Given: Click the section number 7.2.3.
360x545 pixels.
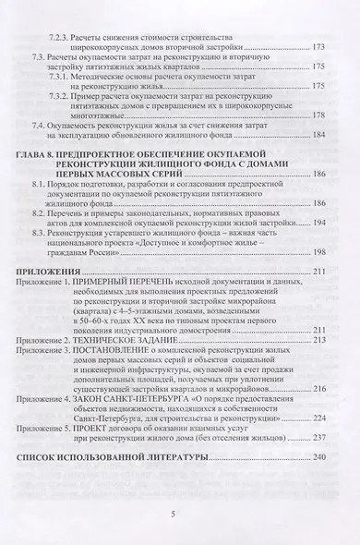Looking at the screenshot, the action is pos(61,34).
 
